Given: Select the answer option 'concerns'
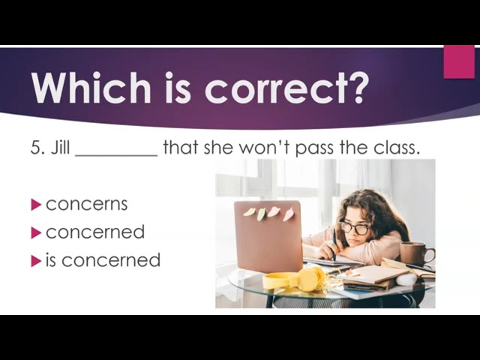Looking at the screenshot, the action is pos(87,204).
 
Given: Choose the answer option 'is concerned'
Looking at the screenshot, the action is pos(103,260).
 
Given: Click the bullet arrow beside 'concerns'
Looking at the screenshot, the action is pos(36,205).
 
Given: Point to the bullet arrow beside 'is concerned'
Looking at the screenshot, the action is pos(36,261).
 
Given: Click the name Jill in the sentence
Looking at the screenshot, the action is pos(60,147).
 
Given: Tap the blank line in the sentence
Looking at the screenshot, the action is pos(116,155).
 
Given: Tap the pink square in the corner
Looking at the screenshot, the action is pos(459,61).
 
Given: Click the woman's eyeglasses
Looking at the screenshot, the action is pos(355,228).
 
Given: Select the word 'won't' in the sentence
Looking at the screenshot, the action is pos(265,147).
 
